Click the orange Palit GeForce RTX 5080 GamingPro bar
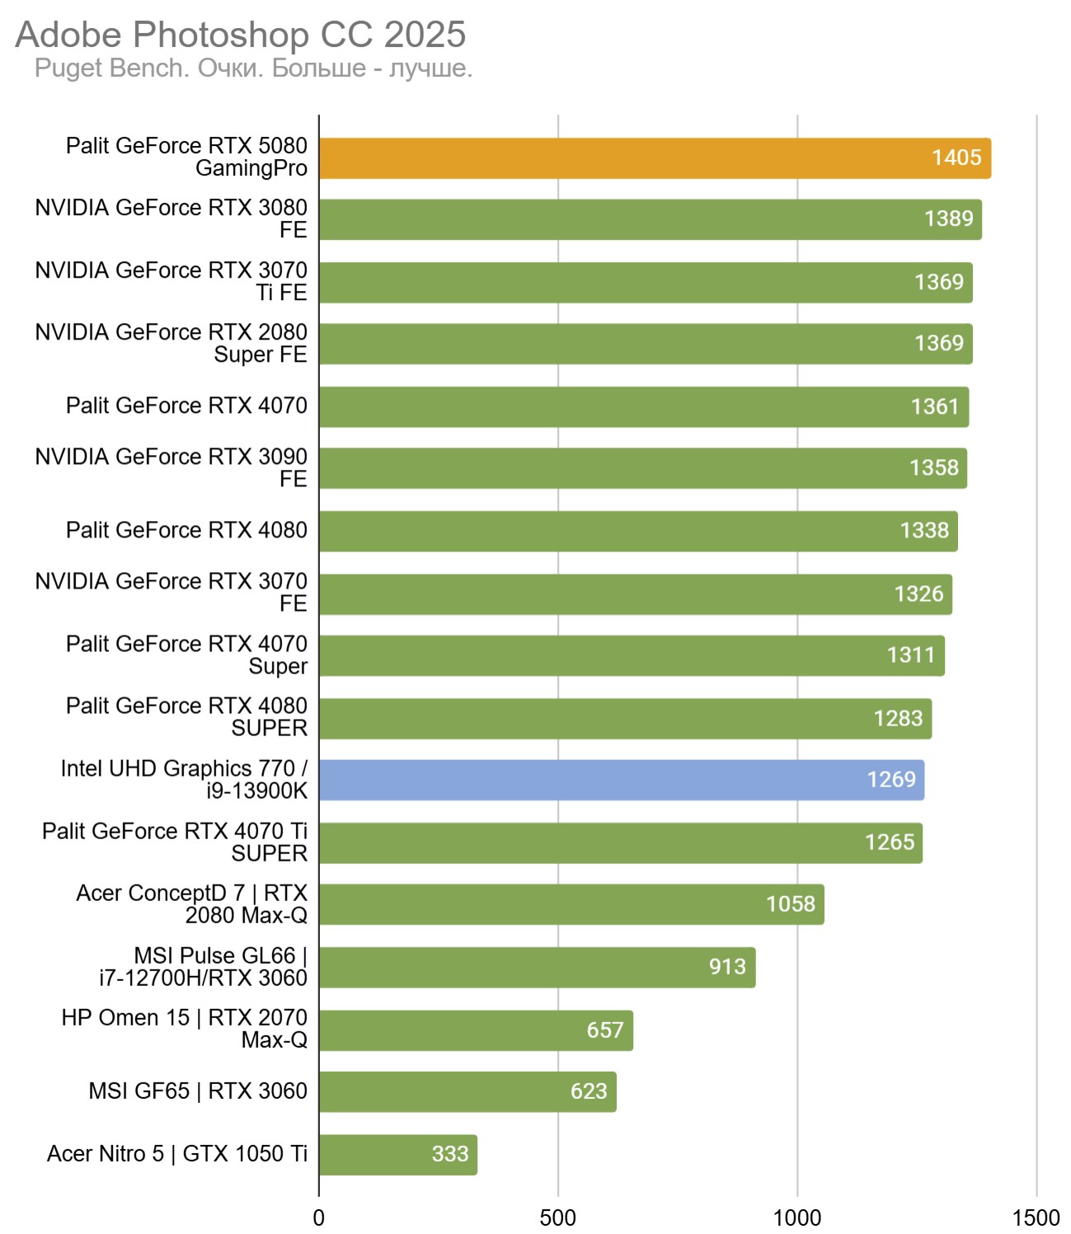pyautogui.click(x=655, y=158)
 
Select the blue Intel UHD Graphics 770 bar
pyautogui.click(x=621, y=780)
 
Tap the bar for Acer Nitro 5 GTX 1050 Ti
pyautogui.click(x=397, y=1154)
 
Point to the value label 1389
pyautogui.click(x=948, y=218)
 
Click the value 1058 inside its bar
pyautogui.click(x=790, y=904)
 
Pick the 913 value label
pyautogui.click(x=726, y=966)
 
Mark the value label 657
pyautogui.click(x=604, y=1030)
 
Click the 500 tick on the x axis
pyautogui.click(x=557, y=1218)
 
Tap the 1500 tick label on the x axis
pyautogui.click(x=1036, y=1218)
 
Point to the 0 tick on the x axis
pyautogui.click(x=319, y=1218)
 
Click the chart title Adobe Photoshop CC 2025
pyautogui.click(x=241, y=35)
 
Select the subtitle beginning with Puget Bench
pyautogui.click(x=253, y=68)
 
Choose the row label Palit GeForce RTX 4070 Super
pyautogui.click(x=186, y=655)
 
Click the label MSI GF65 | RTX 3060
pyautogui.click(x=198, y=1091)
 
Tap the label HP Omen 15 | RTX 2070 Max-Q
pyautogui.click(x=184, y=1029)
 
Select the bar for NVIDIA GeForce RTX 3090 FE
pyautogui.click(x=642, y=468)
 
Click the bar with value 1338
pyautogui.click(x=638, y=531)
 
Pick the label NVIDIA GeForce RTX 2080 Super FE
pyautogui.click(x=171, y=343)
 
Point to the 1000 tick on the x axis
pyautogui.click(x=796, y=1218)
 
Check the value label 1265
pyautogui.click(x=889, y=842)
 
